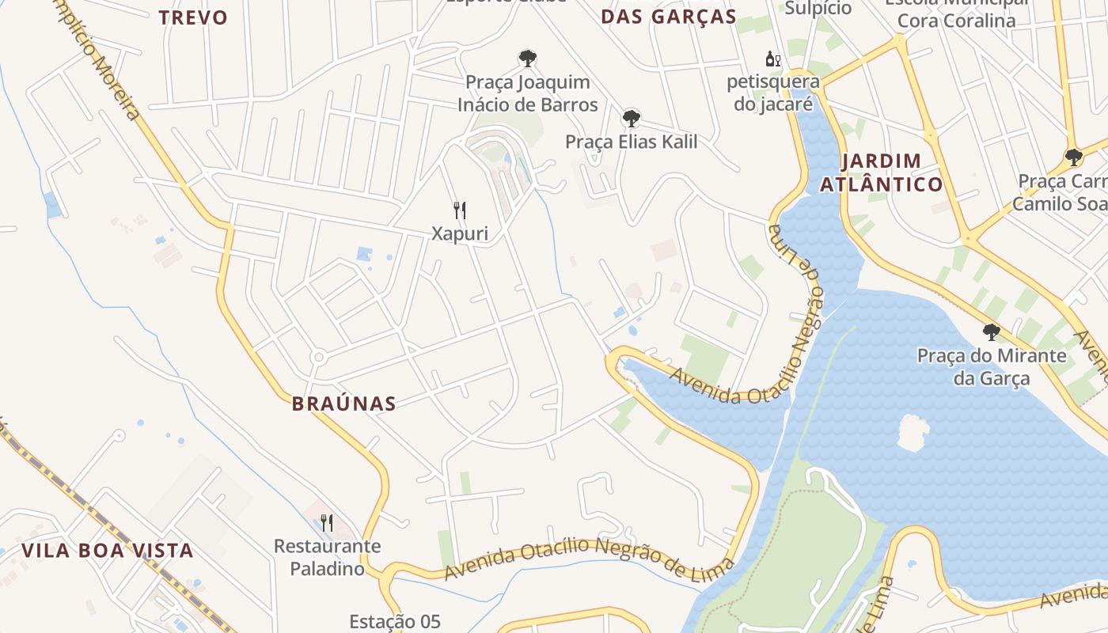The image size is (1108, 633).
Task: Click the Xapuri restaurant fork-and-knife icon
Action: tap(460, 210)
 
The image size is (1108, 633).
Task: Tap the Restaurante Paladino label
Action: tap(327, 557)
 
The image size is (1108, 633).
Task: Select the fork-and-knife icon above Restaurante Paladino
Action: tap(326, 522)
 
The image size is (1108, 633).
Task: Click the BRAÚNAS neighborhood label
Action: tap(343, 404)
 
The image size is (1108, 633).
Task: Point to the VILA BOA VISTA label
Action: tap(107, 551)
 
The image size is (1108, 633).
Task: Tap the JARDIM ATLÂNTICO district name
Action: tap(881, 172)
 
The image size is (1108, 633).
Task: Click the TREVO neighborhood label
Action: tap(193, 17)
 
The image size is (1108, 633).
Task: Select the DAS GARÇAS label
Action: tap(669, 16)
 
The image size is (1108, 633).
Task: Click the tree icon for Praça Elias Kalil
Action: tap(631, 119)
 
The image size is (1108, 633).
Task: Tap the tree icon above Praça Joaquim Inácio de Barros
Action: tap(527, 58)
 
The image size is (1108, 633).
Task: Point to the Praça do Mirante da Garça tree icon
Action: tap(991, 332)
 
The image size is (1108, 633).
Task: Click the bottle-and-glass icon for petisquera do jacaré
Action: tap(772, 59)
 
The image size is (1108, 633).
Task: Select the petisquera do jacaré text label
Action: tap(773, 93)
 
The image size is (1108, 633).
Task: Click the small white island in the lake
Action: tap(913, 432)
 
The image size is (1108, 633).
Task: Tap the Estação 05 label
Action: tap(395, 621)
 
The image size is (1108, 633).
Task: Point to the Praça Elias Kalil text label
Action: tap(631, 142)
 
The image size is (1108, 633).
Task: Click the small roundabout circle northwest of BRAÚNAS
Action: tap(319, 357)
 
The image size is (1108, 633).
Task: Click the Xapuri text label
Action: tap(459, 233)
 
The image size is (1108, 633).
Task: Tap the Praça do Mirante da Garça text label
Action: tap(991, 366)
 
